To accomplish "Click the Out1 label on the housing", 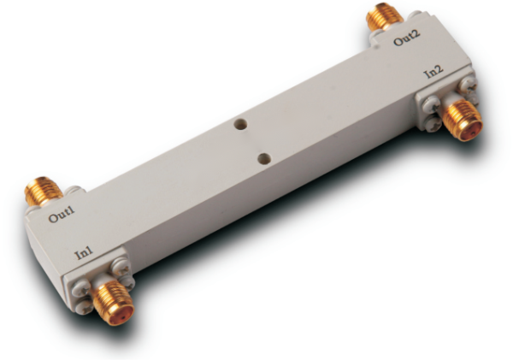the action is tap(62, 214).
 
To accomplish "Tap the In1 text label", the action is tap(84, 252).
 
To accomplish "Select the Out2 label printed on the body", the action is tap(406, 38).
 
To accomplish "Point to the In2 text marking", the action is tap(433, 72).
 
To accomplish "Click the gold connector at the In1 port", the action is tap(114, 302).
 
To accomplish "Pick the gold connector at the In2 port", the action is tap(463, 120).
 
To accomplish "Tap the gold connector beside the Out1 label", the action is tap(43, 192).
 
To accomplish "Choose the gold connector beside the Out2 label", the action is tap(384, 16).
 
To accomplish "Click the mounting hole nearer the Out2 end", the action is tap(240, 124).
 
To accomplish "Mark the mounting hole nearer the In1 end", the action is tap(264, 159).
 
